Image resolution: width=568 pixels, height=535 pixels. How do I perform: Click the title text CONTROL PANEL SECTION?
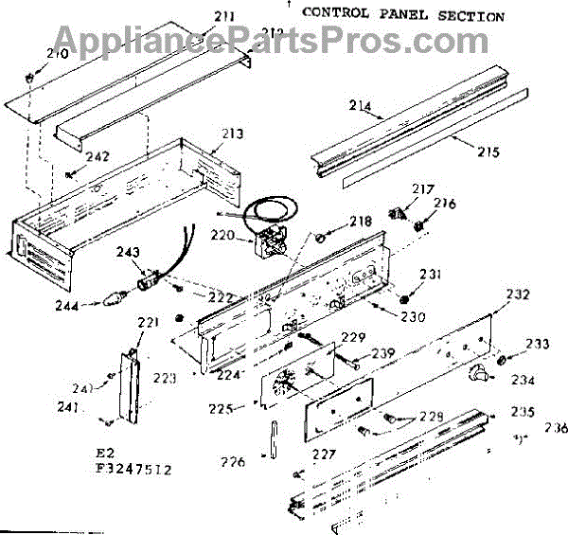(x=402, y=15)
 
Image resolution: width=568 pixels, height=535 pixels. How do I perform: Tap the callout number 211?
(x=224, y=15)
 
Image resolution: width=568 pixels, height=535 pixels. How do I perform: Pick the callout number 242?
(x=98, y=157)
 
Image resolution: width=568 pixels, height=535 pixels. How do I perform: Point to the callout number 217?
(x=418, y=188)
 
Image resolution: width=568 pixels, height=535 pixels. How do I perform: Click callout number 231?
(x=431, y=275)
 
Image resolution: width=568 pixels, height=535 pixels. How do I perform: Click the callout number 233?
(x=537, y=344)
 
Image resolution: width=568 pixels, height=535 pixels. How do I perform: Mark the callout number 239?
(x=382, y=353)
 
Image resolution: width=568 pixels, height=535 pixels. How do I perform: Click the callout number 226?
(x=234, y=463)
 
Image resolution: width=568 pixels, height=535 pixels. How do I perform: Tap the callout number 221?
(x=149, y=324)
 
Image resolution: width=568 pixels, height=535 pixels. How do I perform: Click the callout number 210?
(x=57, y=55)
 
